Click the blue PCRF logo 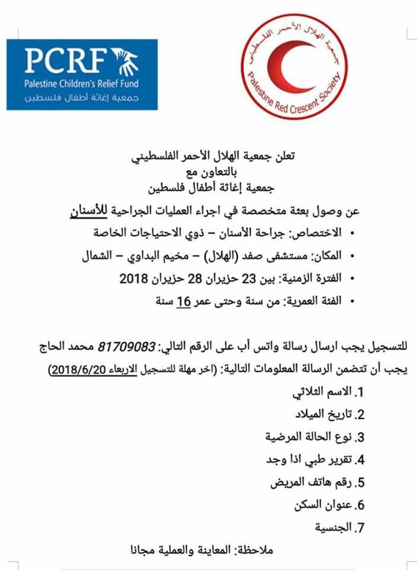click(x=82, y=74)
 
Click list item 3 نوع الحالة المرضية click(x=314, y=437)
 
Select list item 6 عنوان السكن click(x=328, y=505)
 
